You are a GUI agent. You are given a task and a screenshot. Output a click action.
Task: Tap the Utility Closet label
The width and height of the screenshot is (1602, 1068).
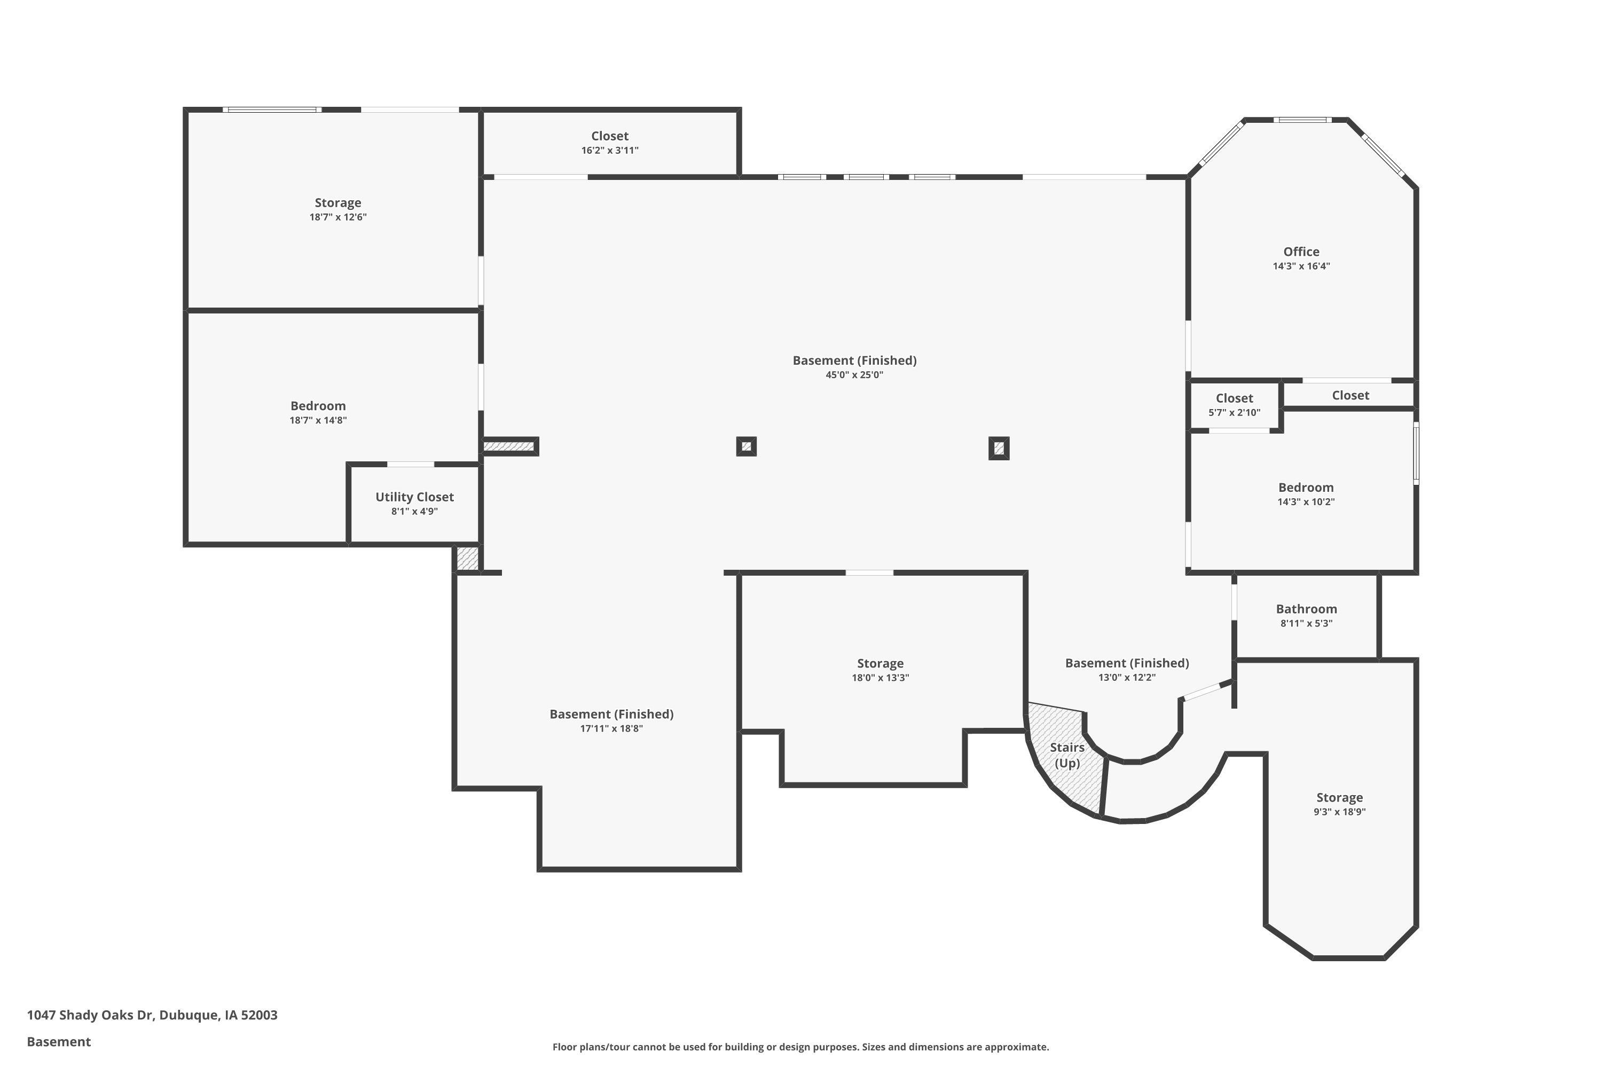pos(414,497)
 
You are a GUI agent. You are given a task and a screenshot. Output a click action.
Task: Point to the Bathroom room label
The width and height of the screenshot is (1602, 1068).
pos(1306,609)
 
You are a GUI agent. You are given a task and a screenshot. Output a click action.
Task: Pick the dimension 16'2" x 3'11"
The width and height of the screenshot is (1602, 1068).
pos(610,150)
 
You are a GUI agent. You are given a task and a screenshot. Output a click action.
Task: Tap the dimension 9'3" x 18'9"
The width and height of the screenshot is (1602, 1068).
pos(1340,811)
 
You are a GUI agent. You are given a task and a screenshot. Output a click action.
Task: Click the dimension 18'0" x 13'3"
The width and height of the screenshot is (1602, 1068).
pos(880,678)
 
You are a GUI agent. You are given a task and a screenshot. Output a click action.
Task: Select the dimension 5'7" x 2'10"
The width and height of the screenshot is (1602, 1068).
pos(1234,412)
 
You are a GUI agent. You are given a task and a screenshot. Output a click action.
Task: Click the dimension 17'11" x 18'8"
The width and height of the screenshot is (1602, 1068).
pos(611,728)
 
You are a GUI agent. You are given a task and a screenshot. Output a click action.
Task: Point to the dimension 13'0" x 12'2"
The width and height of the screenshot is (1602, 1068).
pos(1127,677)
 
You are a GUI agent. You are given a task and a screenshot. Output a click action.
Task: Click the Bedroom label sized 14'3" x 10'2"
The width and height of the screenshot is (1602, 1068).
pos(1306,488)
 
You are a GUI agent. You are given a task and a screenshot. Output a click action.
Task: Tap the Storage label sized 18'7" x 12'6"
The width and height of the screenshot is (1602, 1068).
pos(338,203)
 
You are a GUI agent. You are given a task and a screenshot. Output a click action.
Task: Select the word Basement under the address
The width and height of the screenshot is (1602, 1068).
pos(59,1041)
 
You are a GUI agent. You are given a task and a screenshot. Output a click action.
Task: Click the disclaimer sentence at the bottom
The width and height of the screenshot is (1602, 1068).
pos(800,1047)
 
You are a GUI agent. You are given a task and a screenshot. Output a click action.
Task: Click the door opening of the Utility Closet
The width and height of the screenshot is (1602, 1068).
pos(411,465)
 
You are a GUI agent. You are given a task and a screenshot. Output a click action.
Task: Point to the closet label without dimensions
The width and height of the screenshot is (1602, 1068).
pos(1350,396)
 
